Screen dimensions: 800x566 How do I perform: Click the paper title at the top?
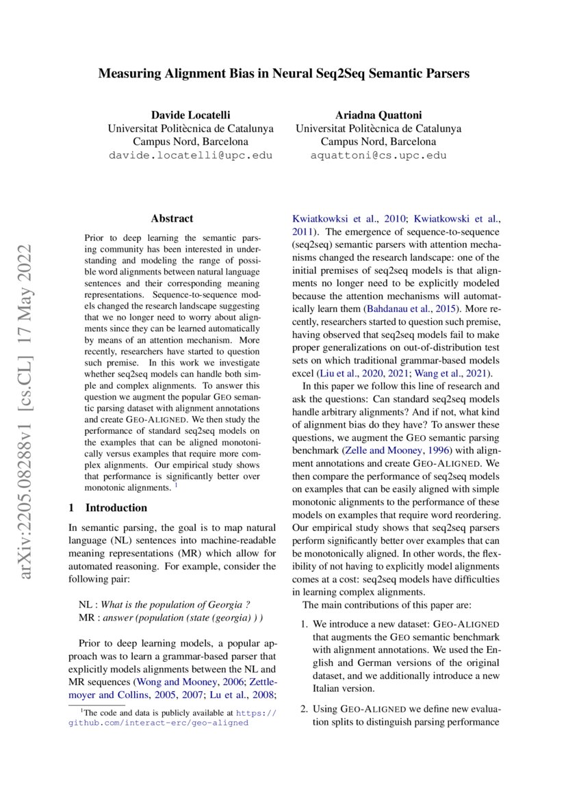click(x=283, y=73)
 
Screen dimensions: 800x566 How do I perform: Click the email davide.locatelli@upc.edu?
click(x=190, y=155)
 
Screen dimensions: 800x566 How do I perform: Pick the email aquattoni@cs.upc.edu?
click(x=378, y=155)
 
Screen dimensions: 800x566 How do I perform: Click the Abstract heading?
click(x=172, y=219)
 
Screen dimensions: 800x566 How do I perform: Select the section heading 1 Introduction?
click(x=108, y=508)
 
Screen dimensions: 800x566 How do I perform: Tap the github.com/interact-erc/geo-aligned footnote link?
click(x=158, y=723)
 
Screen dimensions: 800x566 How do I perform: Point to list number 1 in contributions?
click(x=305, y=625)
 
